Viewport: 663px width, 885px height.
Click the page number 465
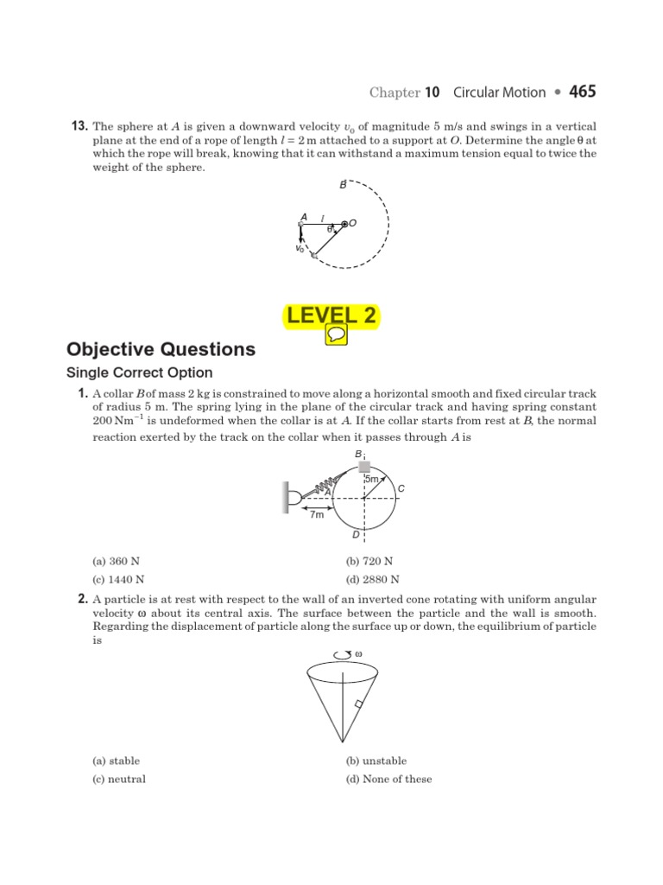click(x=582, y=92)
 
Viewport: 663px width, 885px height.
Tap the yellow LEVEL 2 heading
click(x=331, y=316)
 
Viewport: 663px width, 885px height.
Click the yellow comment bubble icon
click(x=336, y=335)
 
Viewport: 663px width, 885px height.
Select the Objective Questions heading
click(x=161, y=349)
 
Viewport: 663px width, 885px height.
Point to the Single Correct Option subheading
click(x=139, y=372)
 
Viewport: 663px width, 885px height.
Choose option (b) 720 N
click(x=364, y=561)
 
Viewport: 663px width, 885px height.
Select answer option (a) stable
click(x=116, y=761)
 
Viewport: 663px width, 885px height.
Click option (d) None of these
click(x=388, y=779)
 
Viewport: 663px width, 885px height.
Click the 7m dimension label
click(x=317, y=515)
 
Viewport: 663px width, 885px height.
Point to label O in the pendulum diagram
click(x=353, y=223)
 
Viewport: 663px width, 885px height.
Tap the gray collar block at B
click(x=364, y=467)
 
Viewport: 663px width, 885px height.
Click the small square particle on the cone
click(x=358, y=704)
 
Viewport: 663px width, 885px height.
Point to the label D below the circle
click(x=356, y=537)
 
